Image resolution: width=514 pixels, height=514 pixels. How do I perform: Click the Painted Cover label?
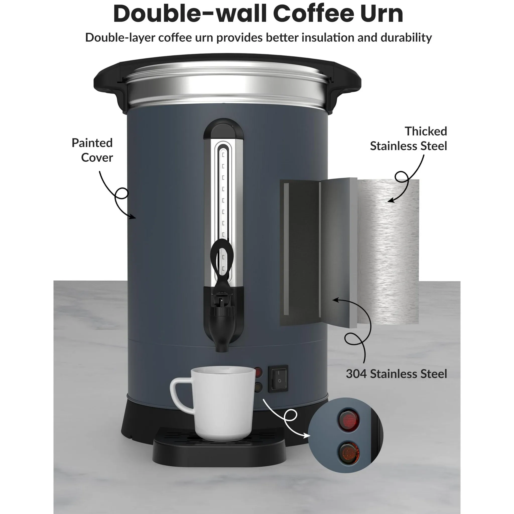point(93,150)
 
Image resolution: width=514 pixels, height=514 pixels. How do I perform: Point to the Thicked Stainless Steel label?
point(408,138)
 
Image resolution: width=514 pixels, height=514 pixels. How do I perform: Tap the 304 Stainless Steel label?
point(396,374)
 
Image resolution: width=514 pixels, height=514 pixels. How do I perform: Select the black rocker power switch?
point(278,378)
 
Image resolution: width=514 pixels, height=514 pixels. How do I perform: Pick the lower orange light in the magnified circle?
point(349,452)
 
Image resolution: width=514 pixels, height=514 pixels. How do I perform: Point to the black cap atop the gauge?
point(223,129)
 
